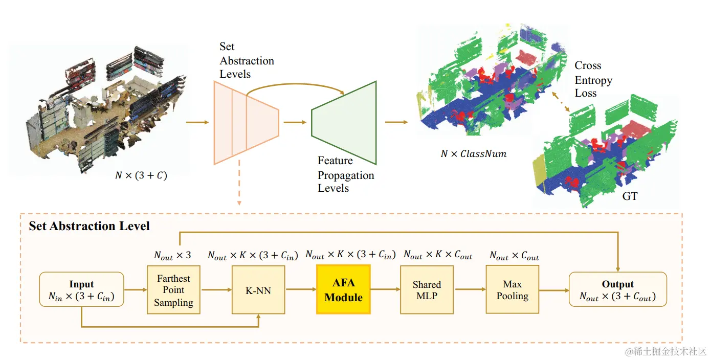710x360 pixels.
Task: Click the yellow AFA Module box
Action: pyautogui.click(x=344, y=289)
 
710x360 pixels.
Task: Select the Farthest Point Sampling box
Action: pyautogui.click(x=173, y=290)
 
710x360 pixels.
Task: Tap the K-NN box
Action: pyautogui.click(x=258, y=290)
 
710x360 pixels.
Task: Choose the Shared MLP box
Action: pyautogui.click(x=427, y=290)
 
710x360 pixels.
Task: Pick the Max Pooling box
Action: pyautogui.click(x=512, y=289)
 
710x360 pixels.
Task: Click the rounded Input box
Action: pyautogui.click(x=81, y=289)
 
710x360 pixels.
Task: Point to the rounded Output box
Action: pyautogui.click(x=618, y=289)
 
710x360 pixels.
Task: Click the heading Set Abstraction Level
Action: pyautogui.click(x=89, y=226)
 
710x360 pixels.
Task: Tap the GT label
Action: pyautogui.click(x=630, y=196)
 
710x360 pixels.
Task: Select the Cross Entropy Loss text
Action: pyautogui.click(x=593, y=79)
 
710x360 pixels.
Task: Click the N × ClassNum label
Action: pyautogui.click(x=474, y=154)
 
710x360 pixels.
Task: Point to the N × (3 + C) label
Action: pyautogui.click(x=141, y=175)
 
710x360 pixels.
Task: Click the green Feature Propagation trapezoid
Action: pyautogui.click(x=344, y=123)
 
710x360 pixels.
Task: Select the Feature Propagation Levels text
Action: pyautogui.click(x=346, y=174)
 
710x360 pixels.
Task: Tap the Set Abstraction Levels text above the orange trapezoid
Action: pyautogui.click(x=247, y=60)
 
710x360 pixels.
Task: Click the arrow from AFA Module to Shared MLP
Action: pyautogui.click(x=385, y=289)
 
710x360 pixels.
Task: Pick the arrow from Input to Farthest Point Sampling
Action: pyautogui.click(x=136, y=289)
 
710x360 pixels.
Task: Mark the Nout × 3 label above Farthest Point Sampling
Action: pyautogui.click(x=172, y=255)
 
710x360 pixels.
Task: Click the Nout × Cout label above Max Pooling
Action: pyautogui.click(x=514, y=255)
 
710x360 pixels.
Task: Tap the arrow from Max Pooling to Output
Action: pyautogui.click(x=554, y=290)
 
